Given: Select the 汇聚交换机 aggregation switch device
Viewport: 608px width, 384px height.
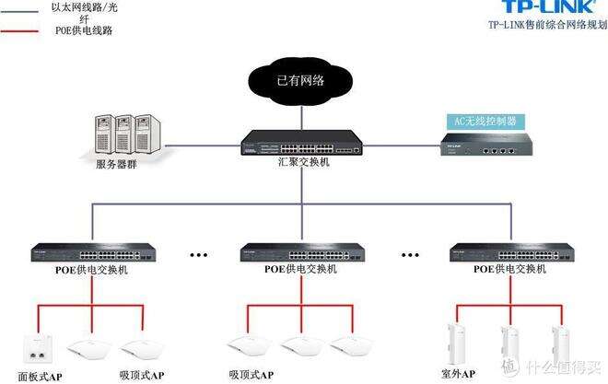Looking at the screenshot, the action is click(301, 143).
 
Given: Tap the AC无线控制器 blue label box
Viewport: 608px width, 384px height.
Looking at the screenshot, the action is click(485, 122).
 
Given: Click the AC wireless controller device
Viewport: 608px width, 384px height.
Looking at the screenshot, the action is click(486, 145).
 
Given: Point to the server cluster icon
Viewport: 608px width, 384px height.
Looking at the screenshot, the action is click(127, 134).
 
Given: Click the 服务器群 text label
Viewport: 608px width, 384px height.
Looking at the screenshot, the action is click(116, 164).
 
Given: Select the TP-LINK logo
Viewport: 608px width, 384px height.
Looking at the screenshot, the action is click(549, 6).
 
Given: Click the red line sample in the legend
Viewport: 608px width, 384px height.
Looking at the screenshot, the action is click(19, 31).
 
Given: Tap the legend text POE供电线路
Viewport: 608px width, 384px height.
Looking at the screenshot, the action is click(84, 30).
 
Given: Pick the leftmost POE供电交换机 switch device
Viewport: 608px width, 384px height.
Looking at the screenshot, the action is click(93, 252).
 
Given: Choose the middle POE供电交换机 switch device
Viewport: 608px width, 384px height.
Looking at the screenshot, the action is click(302, 252).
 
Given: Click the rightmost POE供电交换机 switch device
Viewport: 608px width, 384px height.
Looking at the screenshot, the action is click(511, 252).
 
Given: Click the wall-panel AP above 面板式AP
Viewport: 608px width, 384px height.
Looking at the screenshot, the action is click(38, 350).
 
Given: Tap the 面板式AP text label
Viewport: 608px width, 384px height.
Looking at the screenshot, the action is click(40, 377).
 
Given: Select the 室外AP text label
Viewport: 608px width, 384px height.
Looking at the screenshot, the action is click(458, 374).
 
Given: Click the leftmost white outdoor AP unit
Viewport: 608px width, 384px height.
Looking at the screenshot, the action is click(456, 344).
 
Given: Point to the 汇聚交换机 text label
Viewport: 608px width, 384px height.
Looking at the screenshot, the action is click(304, 162).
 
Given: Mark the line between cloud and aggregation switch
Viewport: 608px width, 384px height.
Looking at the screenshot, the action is click(301, 118).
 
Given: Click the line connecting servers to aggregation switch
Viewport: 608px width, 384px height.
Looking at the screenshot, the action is click(204, 146).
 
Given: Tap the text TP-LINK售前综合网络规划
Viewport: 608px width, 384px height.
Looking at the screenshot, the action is click(548, 25).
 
